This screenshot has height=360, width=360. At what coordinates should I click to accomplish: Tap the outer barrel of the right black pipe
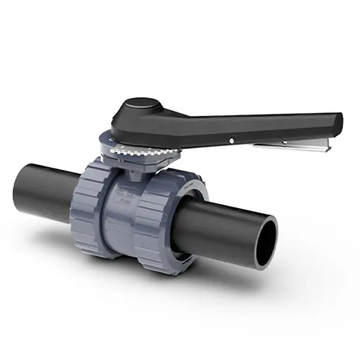[x=222, y=228]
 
